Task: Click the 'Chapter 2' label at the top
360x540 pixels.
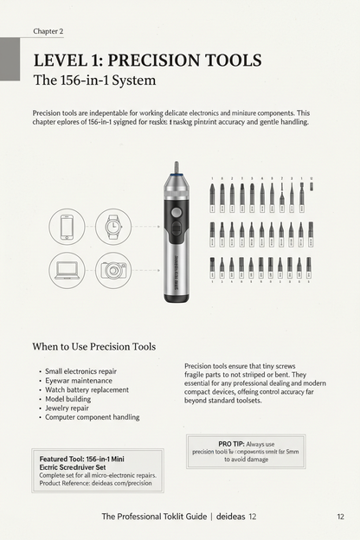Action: point(48,31)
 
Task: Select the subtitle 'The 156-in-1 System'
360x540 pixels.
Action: point(94,82)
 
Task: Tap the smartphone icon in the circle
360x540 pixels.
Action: point(67,227)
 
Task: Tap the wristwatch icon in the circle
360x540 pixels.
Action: point(112,227)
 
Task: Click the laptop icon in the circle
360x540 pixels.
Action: point(67,270)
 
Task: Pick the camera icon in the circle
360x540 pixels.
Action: point(112,270)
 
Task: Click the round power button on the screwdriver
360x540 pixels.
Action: point(177,211)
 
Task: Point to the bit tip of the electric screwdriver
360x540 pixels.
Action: point(177,166)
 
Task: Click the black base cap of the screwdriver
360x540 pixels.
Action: point(177,297)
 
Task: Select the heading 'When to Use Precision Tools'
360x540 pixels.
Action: point(93,347)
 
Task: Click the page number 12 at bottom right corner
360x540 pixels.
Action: point(341,517)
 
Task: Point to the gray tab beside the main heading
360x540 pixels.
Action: point(10,61)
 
